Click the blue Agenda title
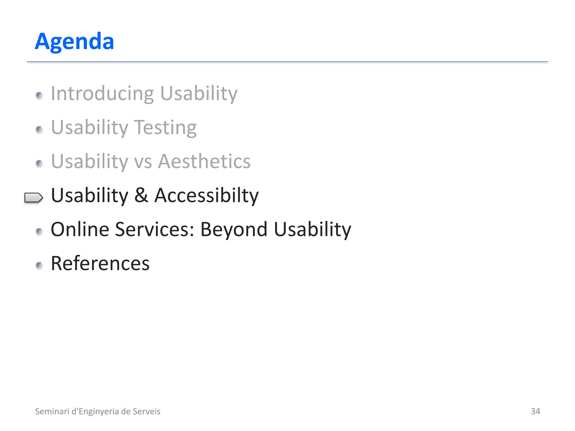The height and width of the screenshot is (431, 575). [74, 42]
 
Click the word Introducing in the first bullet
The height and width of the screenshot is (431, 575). [102, 93]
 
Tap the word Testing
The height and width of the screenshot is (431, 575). [165, 128]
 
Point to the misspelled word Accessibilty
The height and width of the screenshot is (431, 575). [206, 196]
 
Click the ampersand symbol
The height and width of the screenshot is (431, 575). [141, 195]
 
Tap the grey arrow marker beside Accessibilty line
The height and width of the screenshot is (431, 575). [33, 198]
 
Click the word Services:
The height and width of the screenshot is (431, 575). [155, 230]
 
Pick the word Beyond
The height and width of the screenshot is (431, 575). [234, 230]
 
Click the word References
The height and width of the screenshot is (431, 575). [100, 263]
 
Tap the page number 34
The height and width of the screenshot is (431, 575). [535, 411]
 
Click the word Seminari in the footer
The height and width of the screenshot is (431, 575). [52, 411]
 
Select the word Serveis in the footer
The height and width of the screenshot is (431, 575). [147, 411]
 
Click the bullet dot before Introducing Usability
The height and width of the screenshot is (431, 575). [39, 96]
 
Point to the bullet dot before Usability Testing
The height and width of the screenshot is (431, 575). [39, 130]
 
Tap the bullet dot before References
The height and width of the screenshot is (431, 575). [39, 265]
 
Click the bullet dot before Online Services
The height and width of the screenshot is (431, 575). [39, 231]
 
